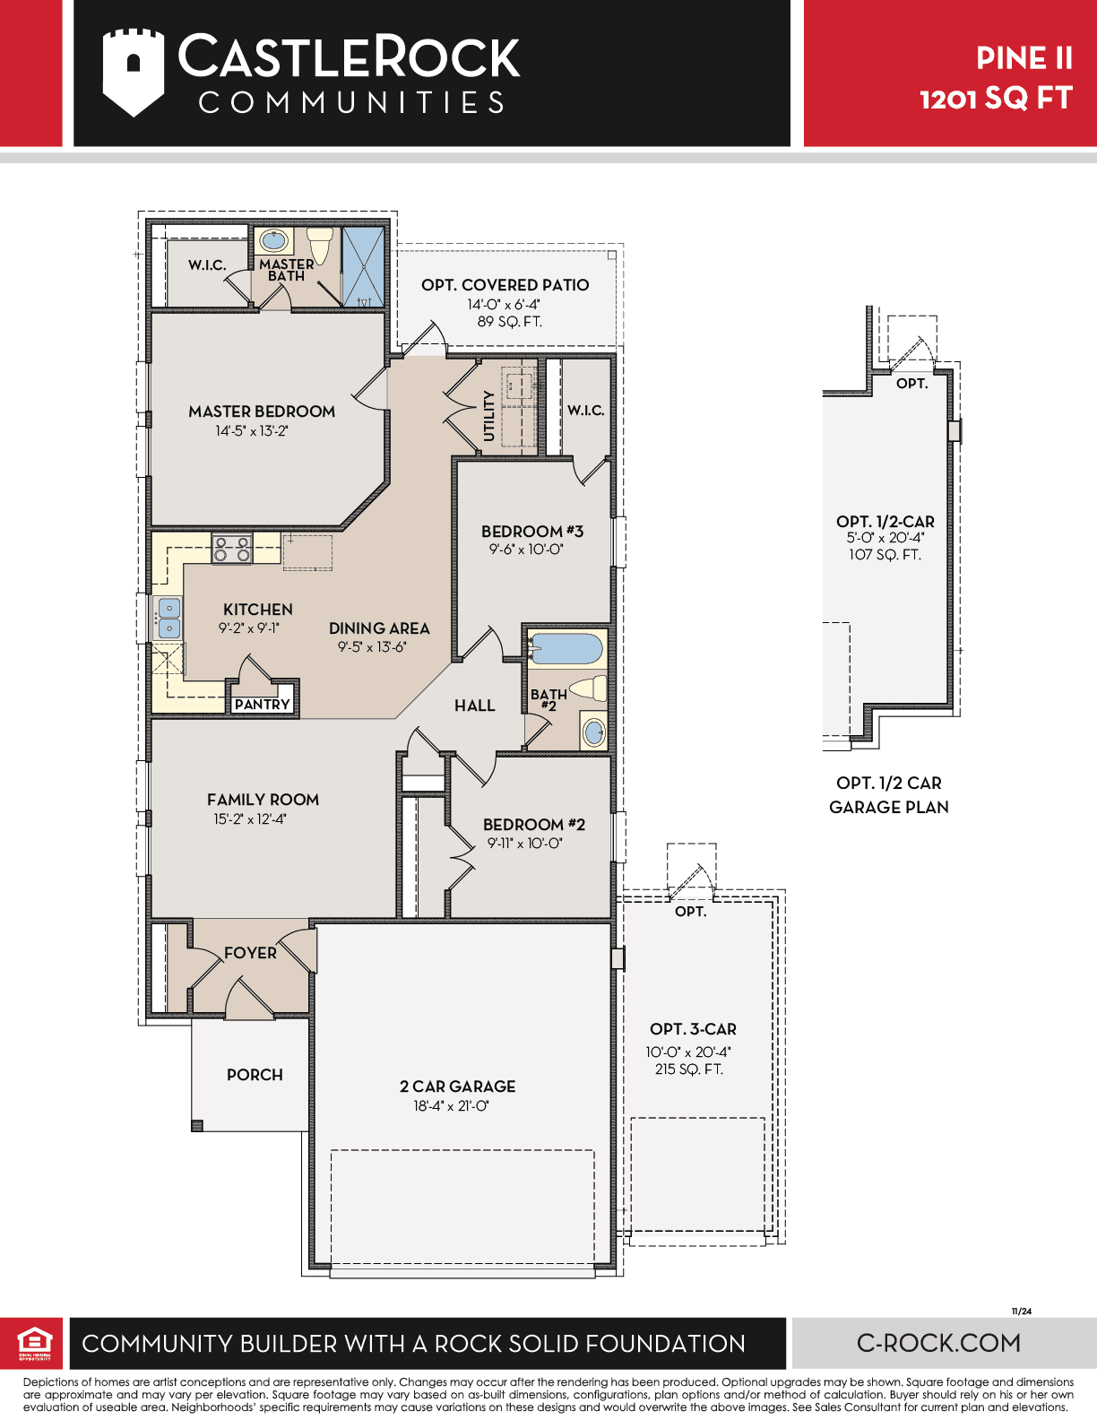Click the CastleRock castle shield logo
coord(133,72)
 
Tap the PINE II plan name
coord(1024,58)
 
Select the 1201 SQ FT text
coord(996,99)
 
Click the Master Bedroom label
coord(262,411)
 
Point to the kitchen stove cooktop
coord(232,549)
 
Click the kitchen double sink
coord(168,619)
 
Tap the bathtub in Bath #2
coord(566,648)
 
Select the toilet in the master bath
coord(320,245)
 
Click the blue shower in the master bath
coord(364,266)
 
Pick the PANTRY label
coord(262,704)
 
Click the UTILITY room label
coord(488,416)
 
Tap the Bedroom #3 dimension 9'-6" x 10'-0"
coord(526,549)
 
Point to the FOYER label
coord(250,953)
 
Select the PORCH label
coord(255,1074)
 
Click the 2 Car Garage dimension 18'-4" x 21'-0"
coord(452,1105)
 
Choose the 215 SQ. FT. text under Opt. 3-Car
coord(689,1069)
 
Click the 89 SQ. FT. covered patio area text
coord(510,322)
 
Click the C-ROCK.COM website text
coord(939,1343)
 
